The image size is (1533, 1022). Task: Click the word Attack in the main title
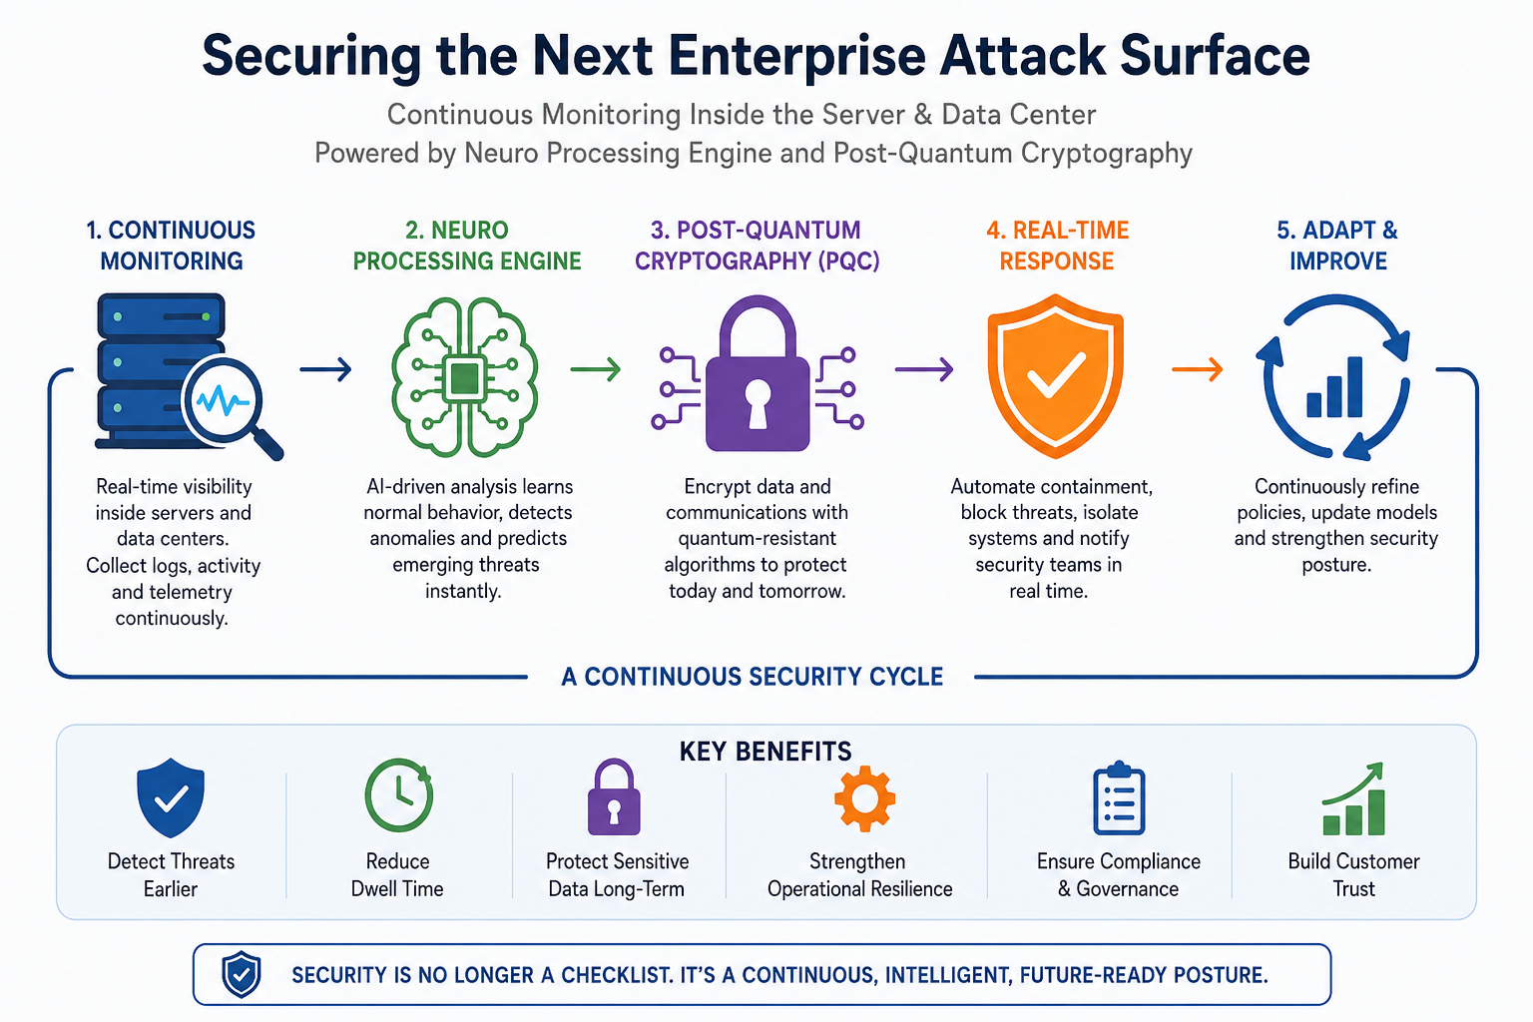pyautogui.click(x=1022, y=56)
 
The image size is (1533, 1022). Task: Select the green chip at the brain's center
pyautogui.click(x=465, y=378)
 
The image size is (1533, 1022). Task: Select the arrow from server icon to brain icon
pyautogui.click(x=325, y=369)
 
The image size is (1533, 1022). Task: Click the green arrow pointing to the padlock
pyautogui.click(x=596, y=369)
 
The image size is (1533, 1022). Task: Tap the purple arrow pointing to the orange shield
pyautogui.click(x=924, y=369)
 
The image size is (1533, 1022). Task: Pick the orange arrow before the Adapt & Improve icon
pyautogui.click(x=1197, y=369)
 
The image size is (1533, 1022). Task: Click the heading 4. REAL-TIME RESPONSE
pyautogui.click(x=1057, y=246)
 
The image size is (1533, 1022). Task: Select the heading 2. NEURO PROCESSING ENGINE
pyautogui.click(x=467, y=246)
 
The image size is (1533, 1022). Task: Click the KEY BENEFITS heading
pyautogui.click(x=766, y=752)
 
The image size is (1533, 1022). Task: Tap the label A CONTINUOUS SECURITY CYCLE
pyautogui.click(x=753, y=677)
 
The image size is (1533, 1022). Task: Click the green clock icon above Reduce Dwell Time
pyautogui.click(x=399, y=794)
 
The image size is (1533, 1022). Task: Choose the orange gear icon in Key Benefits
pyautogui.click(x=864, y=798)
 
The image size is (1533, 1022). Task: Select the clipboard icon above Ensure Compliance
pyautogui.click(x=1119, y=798)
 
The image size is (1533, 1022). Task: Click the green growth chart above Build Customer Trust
pyautogui.click(x=1353, y=798)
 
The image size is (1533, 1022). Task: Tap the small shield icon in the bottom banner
pyautogui.click(x=241, y=974)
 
